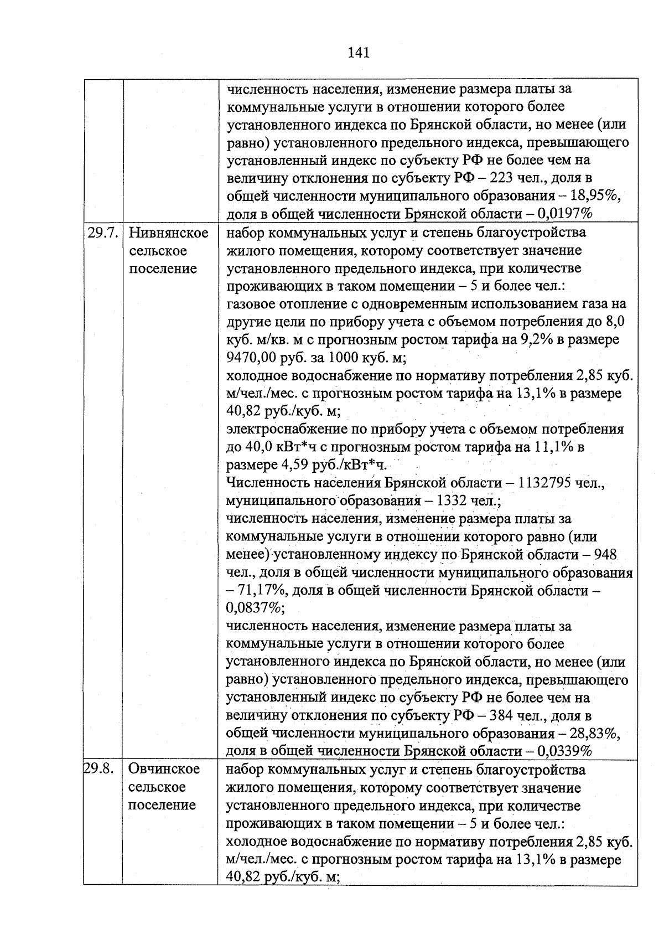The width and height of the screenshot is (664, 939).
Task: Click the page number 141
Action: click(359, 53)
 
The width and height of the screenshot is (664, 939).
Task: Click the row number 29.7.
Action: click(102, 233)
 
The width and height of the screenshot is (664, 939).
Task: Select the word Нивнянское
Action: click(168, 233)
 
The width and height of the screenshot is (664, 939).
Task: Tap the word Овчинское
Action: click(164, 769)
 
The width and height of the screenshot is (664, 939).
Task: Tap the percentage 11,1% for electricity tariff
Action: click(553, 447)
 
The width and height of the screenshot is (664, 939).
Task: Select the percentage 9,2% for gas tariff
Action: click(532, 339)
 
